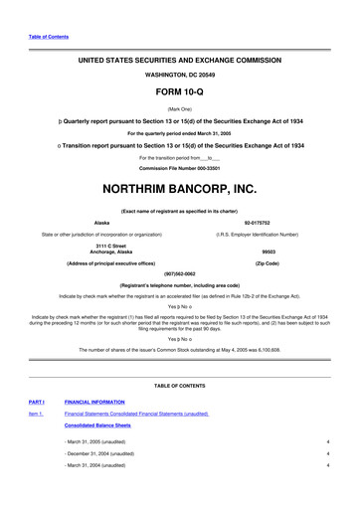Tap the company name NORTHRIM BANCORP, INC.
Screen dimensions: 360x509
click(180, 187)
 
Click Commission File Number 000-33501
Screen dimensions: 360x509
click(180, 167)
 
